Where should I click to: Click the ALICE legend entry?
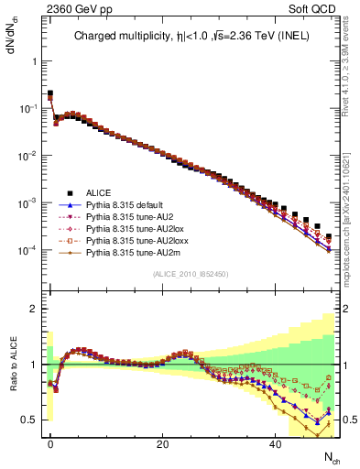click(98, 192)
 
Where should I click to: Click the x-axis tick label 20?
click(162, 444)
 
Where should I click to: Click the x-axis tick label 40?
click(275, 444)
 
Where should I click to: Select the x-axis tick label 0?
click(50, 444)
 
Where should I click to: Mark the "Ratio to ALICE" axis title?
click(12, 365)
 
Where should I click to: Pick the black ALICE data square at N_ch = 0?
click(50, 93)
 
